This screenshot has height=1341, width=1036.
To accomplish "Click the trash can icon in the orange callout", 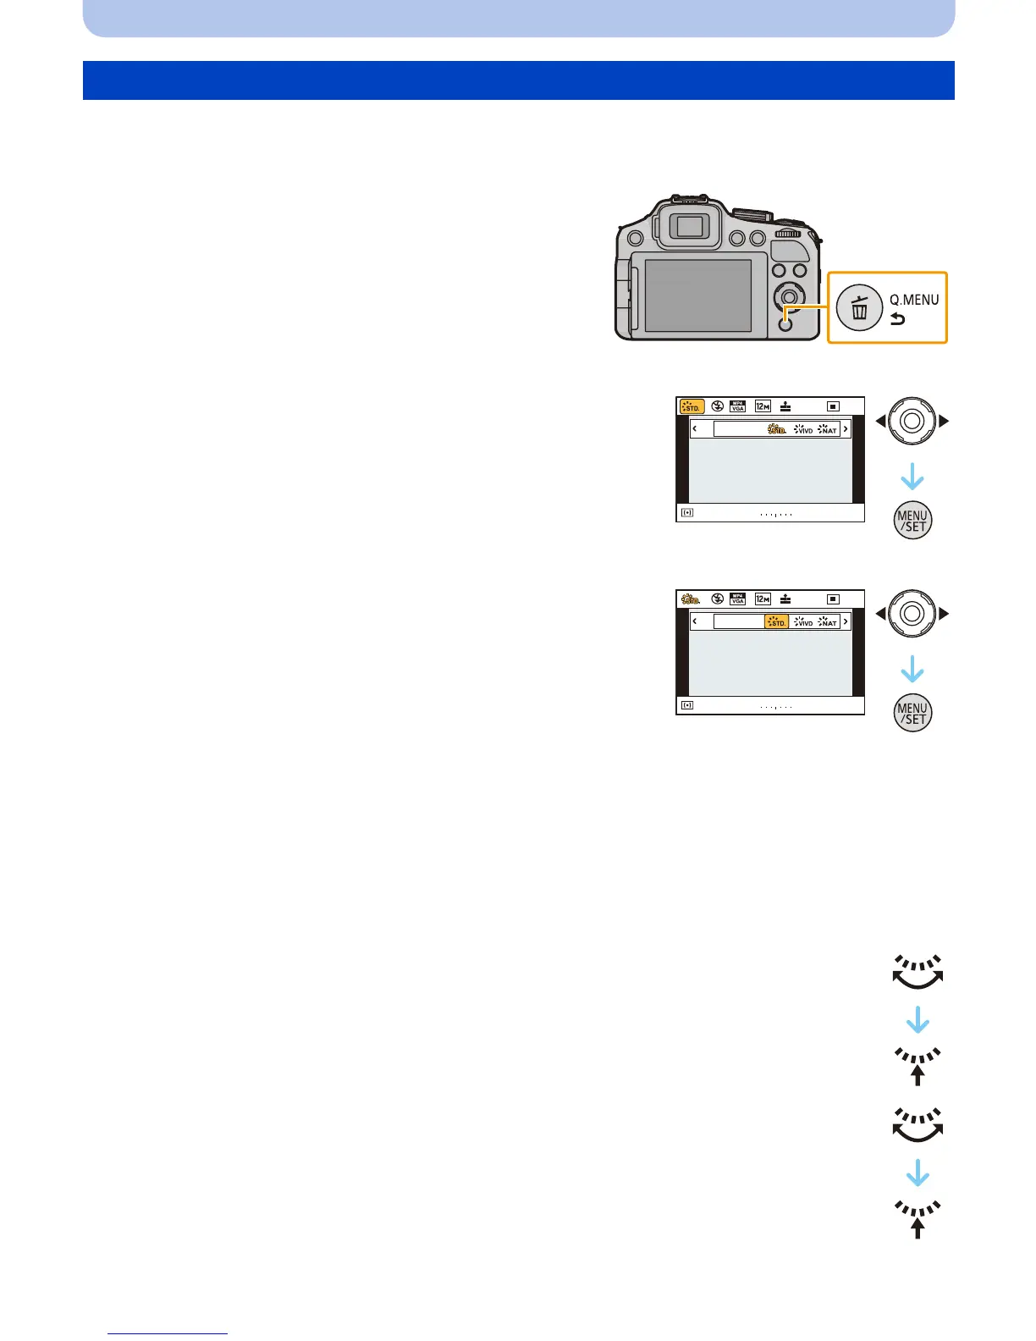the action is pyautogui.click(x=859, y=308).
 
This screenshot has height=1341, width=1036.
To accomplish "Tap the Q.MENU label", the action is pyautogui.click(x=913, y=299).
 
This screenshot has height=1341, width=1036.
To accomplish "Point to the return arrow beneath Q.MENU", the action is pyautogui.click(x=897, y=319).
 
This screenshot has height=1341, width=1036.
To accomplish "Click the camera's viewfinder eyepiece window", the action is pyautogui.click(x=691, y=226).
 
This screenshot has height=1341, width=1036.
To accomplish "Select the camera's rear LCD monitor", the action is pyautogui.click(x=697, y=295).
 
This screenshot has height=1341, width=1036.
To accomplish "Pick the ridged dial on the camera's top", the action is pyautogui.click(x=787, y=233).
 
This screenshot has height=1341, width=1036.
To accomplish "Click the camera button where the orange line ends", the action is pyautogui.click(x=785, y=323).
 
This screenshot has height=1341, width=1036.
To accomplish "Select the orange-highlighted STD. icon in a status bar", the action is pyautogui.click(x=692, y=407).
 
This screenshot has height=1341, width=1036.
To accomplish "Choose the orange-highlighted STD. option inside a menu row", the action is pyautogui.click(x=776, y=622).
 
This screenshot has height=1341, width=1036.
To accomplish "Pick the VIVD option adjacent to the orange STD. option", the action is pyautogui.click(x=803, y=622).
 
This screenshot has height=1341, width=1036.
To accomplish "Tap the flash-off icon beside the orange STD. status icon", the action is pyautogui.click(x=718, y=407).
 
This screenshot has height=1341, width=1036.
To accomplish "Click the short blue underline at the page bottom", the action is pyautogui.click(x=168, y=1333).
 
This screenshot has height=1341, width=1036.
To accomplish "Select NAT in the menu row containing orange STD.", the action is pyautogui.click(x=828, y=622).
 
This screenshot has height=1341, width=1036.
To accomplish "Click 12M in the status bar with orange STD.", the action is pyautogui.click(x=763, y=407).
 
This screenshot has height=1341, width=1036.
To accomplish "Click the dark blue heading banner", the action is pyautogui.click(x=518, y=80).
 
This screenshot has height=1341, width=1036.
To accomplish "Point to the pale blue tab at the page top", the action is pyautogui.click(x=518, y=18).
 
